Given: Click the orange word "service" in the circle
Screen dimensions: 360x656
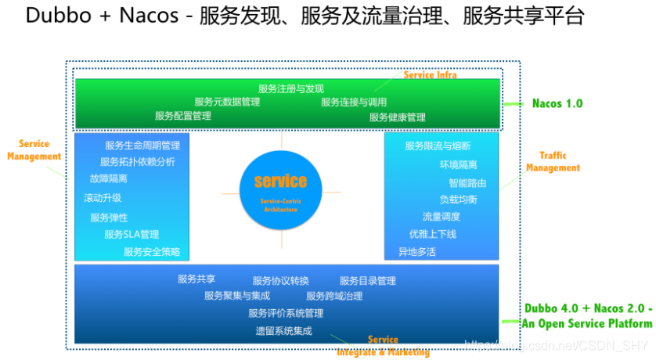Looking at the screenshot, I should (x=280, y=182).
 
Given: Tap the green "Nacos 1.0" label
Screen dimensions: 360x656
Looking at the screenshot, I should (x=557, y=103).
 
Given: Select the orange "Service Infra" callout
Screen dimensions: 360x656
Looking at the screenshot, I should (x=430, y=75).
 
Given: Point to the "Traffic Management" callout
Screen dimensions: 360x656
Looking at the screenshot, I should (x=553, y=162).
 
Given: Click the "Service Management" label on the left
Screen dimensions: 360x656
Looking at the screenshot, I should (x=34, y=150).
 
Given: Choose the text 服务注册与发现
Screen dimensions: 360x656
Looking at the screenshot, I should (x=291, y=88).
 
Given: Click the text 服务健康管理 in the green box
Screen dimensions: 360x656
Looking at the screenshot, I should (x=398, y=117).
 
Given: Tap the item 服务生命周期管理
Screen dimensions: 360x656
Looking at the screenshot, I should (x=142, y=146).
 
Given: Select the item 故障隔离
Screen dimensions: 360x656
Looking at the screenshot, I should (x=109, y=178).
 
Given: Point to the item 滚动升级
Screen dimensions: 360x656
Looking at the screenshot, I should (x=103, y=198).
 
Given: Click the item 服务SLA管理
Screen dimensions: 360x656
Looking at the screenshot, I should (x=132, y=234).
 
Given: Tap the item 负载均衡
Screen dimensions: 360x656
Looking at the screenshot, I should (x=458, y=200).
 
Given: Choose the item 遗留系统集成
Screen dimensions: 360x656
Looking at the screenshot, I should (x=283, y=331).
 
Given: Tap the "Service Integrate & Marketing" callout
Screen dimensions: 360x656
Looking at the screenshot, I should (x=383, y=346).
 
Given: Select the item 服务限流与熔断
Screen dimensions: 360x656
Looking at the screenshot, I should (x=438, y=146).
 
